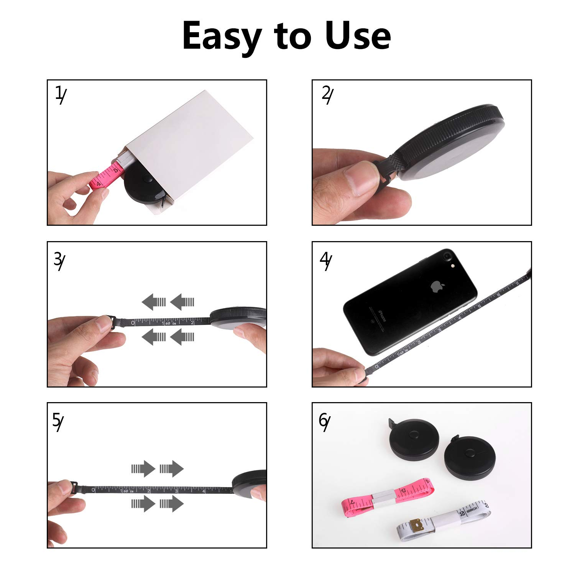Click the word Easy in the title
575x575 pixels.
pyautogui.click(x=222, y=36)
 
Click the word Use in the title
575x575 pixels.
pyautogui.click(x=357, y=36)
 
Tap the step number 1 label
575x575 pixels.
pyautogui.click(x=60, y=95)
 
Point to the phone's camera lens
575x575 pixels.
pyautogui.click(x=447, y=255)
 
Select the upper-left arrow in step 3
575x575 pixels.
pyautogui.click(x=154, y=302)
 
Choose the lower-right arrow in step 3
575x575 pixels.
pyautogui.click(x=182, y=337)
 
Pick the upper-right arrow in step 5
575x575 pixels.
pyautogui.click(x=172, y=468)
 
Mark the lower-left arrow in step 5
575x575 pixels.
pyautogui.click(x=143, y=503)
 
